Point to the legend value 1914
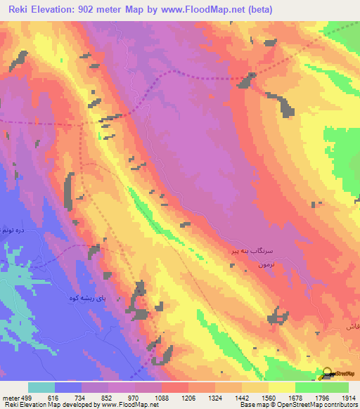[x=349, y=397]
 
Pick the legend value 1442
[x=240, y=397]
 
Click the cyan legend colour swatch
[x=41, y=387]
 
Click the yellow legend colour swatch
[x=281, y=387]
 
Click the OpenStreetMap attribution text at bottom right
[x=317, y=405]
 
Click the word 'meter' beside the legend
[x=10, y=397]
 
